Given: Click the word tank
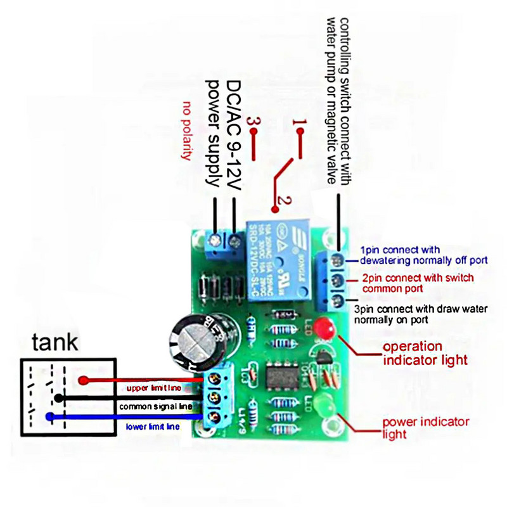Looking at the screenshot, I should point(56,343).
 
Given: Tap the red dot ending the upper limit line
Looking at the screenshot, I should point(83,380).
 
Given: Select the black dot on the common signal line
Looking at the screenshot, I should point(58,398).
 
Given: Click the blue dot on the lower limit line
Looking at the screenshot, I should point(49,416).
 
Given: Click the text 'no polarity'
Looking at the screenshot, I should point(186,130).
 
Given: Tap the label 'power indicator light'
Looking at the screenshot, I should point(425,428).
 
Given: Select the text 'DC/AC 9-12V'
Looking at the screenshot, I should point(235,133).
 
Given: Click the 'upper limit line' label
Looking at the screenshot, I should point(152,387).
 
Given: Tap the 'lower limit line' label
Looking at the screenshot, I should point(152,427).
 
